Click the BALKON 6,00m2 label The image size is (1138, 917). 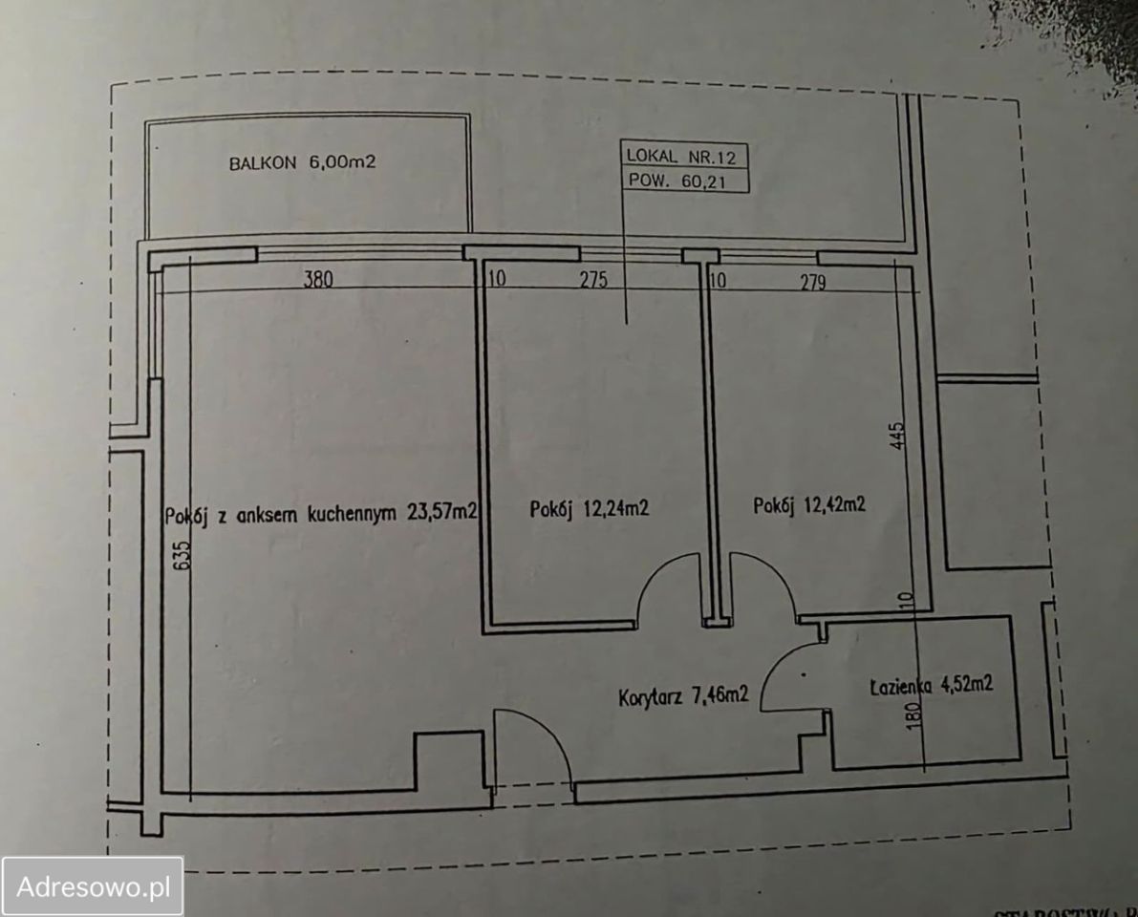click(302, 161)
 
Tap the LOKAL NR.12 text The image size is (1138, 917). click(680, 156)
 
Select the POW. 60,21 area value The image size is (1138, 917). click(677, 181)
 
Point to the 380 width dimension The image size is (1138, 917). click(318, 279)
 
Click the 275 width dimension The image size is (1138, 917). click(593, 279)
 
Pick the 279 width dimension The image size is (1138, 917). click(813, 282)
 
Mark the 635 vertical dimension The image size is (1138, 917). click(183, 554)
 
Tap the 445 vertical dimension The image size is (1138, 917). click(898, 436)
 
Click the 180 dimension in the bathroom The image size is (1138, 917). click(913, 714)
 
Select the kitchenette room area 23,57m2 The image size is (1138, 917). click(441, 512)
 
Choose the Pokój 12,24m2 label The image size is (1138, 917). click(589, 508)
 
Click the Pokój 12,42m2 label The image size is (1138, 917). click(808, 505)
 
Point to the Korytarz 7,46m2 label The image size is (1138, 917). click(683, 696)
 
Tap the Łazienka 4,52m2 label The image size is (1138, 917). click(932, 686)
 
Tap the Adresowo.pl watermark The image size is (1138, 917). click(93, 886)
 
